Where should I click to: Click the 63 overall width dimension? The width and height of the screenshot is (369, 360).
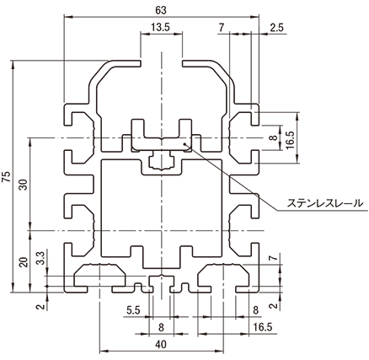tap(161, 10)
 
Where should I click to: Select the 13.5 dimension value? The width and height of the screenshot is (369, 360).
tap(160, 27)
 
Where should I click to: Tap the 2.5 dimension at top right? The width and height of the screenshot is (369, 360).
tap(277, 27)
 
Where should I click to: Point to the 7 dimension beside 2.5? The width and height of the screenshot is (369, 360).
tap(222, 27)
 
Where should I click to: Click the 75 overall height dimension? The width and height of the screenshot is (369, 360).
tap(7, 176)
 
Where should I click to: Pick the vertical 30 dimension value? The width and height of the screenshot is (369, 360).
tap(24, 185)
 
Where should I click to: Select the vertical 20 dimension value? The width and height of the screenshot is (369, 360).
tap(24, 262)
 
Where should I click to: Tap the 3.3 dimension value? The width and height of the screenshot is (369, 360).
tap(40, 258)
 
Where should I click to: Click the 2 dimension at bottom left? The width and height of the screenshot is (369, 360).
tap(41, 306)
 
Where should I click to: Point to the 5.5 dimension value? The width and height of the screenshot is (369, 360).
tap(133, 310)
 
